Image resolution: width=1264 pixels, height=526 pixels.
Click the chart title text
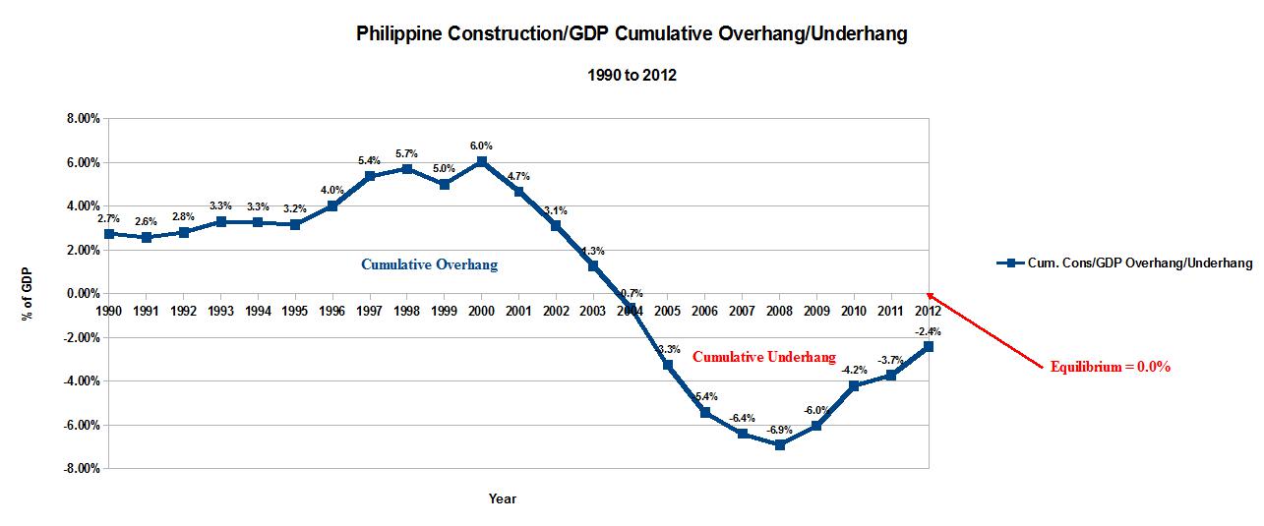(631, 34)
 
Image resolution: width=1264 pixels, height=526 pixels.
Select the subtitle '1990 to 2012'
(631, 76)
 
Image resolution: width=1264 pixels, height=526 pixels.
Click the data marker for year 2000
(481, 161)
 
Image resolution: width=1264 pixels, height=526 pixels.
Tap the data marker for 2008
(780, 444)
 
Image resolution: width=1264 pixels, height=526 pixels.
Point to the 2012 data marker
(929, 346)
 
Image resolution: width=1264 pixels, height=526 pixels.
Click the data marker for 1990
(109, 234)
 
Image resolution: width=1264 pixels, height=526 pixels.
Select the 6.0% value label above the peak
(481, 146)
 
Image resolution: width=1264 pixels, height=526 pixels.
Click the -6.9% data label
(779, 430)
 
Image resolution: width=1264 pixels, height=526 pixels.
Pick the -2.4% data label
(928, 331)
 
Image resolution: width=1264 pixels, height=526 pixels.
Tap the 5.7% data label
(407, 153)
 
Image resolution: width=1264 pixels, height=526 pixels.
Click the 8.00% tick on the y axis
(82, 118)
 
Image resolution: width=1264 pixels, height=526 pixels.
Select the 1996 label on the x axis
(332, 310)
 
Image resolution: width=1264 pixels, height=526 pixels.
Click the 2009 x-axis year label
(816, 310)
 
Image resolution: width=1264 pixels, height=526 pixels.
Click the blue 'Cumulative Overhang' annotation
(429, 264)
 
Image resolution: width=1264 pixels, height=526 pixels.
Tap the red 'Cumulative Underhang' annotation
(764, 357)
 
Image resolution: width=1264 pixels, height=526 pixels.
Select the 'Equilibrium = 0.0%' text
(1111, 367)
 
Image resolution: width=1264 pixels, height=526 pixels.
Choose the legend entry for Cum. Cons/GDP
(1124, 263)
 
